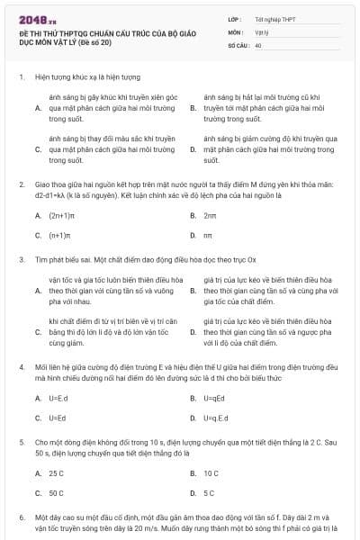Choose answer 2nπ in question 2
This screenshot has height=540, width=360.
210,216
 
